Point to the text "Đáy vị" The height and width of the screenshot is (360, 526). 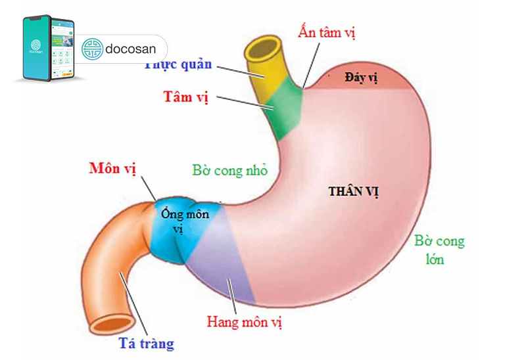coord(361,78)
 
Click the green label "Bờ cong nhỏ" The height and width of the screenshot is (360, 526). coord(230,171)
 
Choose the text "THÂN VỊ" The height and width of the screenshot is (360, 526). coord(353,192)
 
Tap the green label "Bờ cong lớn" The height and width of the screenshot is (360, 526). coord(439,250)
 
